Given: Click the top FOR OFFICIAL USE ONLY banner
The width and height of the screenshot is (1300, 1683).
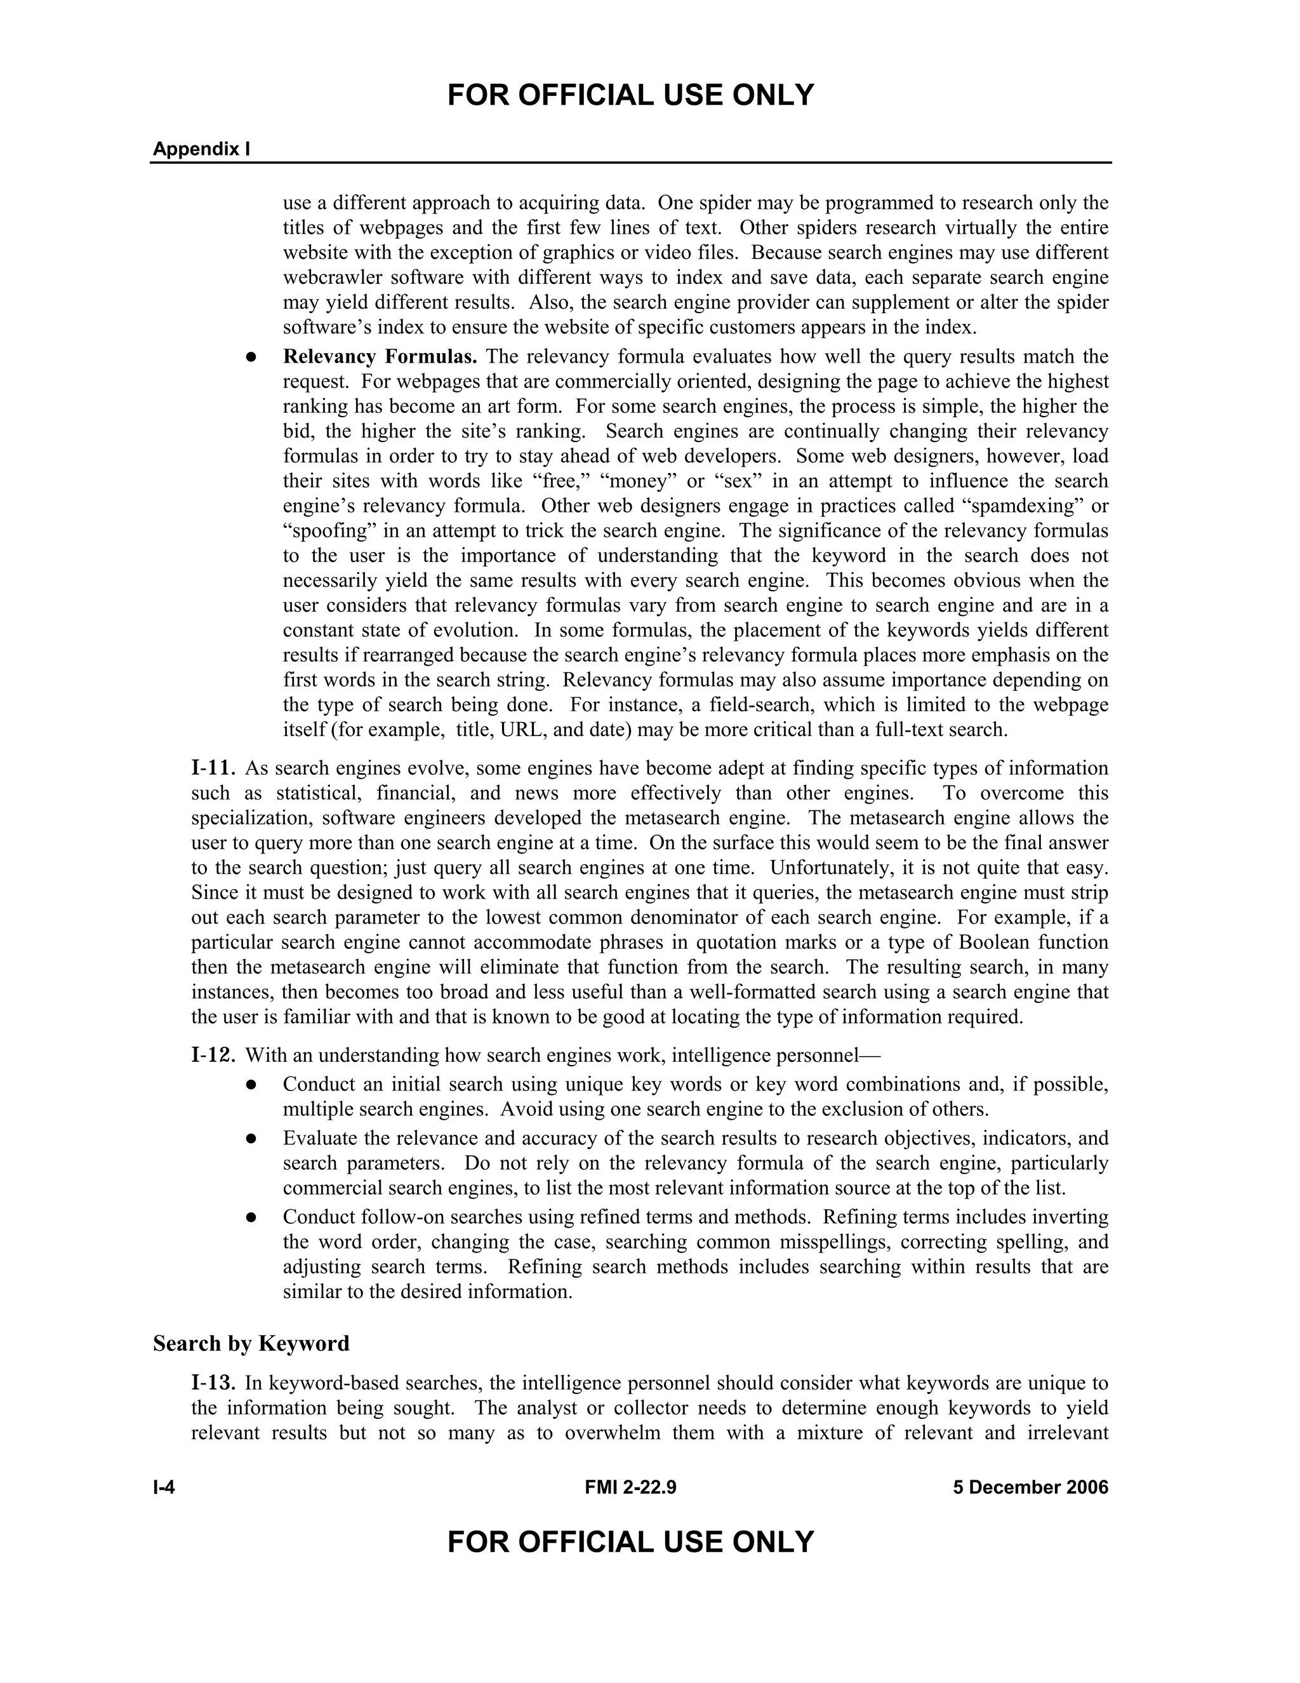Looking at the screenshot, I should click(x=630, y=95).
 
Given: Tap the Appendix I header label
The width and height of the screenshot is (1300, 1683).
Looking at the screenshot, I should click(x=201, y=149).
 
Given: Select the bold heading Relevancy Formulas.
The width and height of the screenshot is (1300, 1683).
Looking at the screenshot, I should click(x=380, y=357).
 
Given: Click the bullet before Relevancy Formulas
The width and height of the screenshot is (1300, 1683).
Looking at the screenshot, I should click(x=251, y=358).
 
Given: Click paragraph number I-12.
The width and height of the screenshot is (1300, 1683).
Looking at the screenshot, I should click(x=213, y=1055).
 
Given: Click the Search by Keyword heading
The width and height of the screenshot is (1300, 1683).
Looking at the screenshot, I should click(x=251, y=1343).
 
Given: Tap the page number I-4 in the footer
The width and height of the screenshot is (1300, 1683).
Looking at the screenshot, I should click(x=164, y=1487).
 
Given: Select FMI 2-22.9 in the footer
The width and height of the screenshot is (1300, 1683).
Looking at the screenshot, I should click(x=630, y=1487).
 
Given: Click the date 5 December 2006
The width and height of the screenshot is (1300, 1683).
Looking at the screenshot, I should click(x=1030, y=1487).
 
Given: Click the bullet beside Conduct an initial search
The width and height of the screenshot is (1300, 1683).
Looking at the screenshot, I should click(x=251, y=1085).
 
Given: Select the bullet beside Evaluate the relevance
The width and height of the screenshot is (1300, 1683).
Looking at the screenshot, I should click(x=251, y=1139).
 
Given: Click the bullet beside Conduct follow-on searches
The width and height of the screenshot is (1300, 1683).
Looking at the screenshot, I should click(x=251, y=1217).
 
